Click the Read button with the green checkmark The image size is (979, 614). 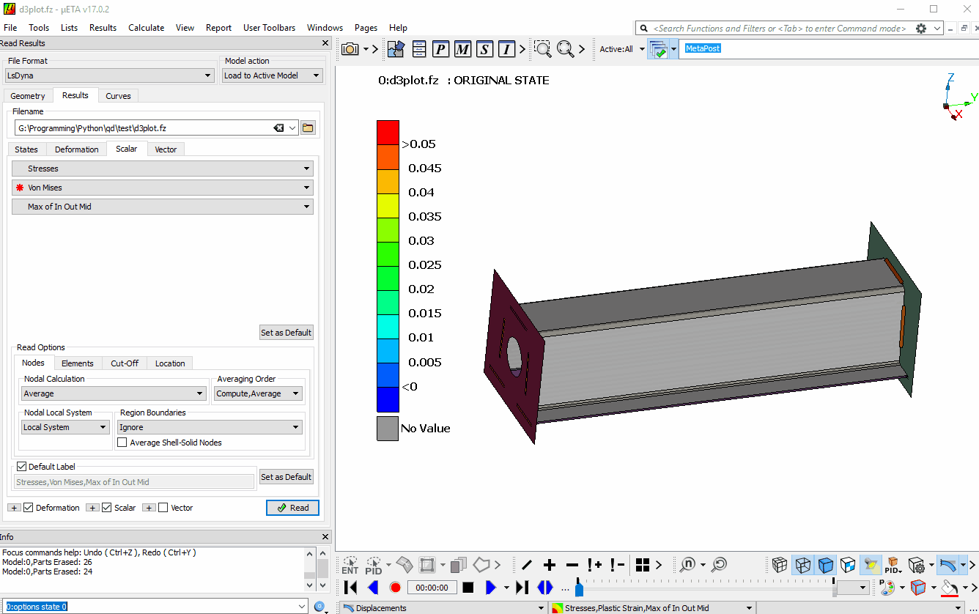click(x=292, y=507)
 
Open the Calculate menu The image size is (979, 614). click(x=146, y=28)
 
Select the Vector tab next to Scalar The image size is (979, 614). click(x=165, y=149)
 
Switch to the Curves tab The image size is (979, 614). click(x=118, y=96)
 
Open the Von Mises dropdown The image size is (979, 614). click(x=163, y=188)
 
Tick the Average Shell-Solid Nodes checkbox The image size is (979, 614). click(x=122, y=443)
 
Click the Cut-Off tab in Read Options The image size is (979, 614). click(x=125, y=363)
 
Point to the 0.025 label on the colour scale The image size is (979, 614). click(x=424, y=265)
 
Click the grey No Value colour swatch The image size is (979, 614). click(x=388, y=429)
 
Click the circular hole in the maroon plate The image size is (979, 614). click(x=514, y=355)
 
